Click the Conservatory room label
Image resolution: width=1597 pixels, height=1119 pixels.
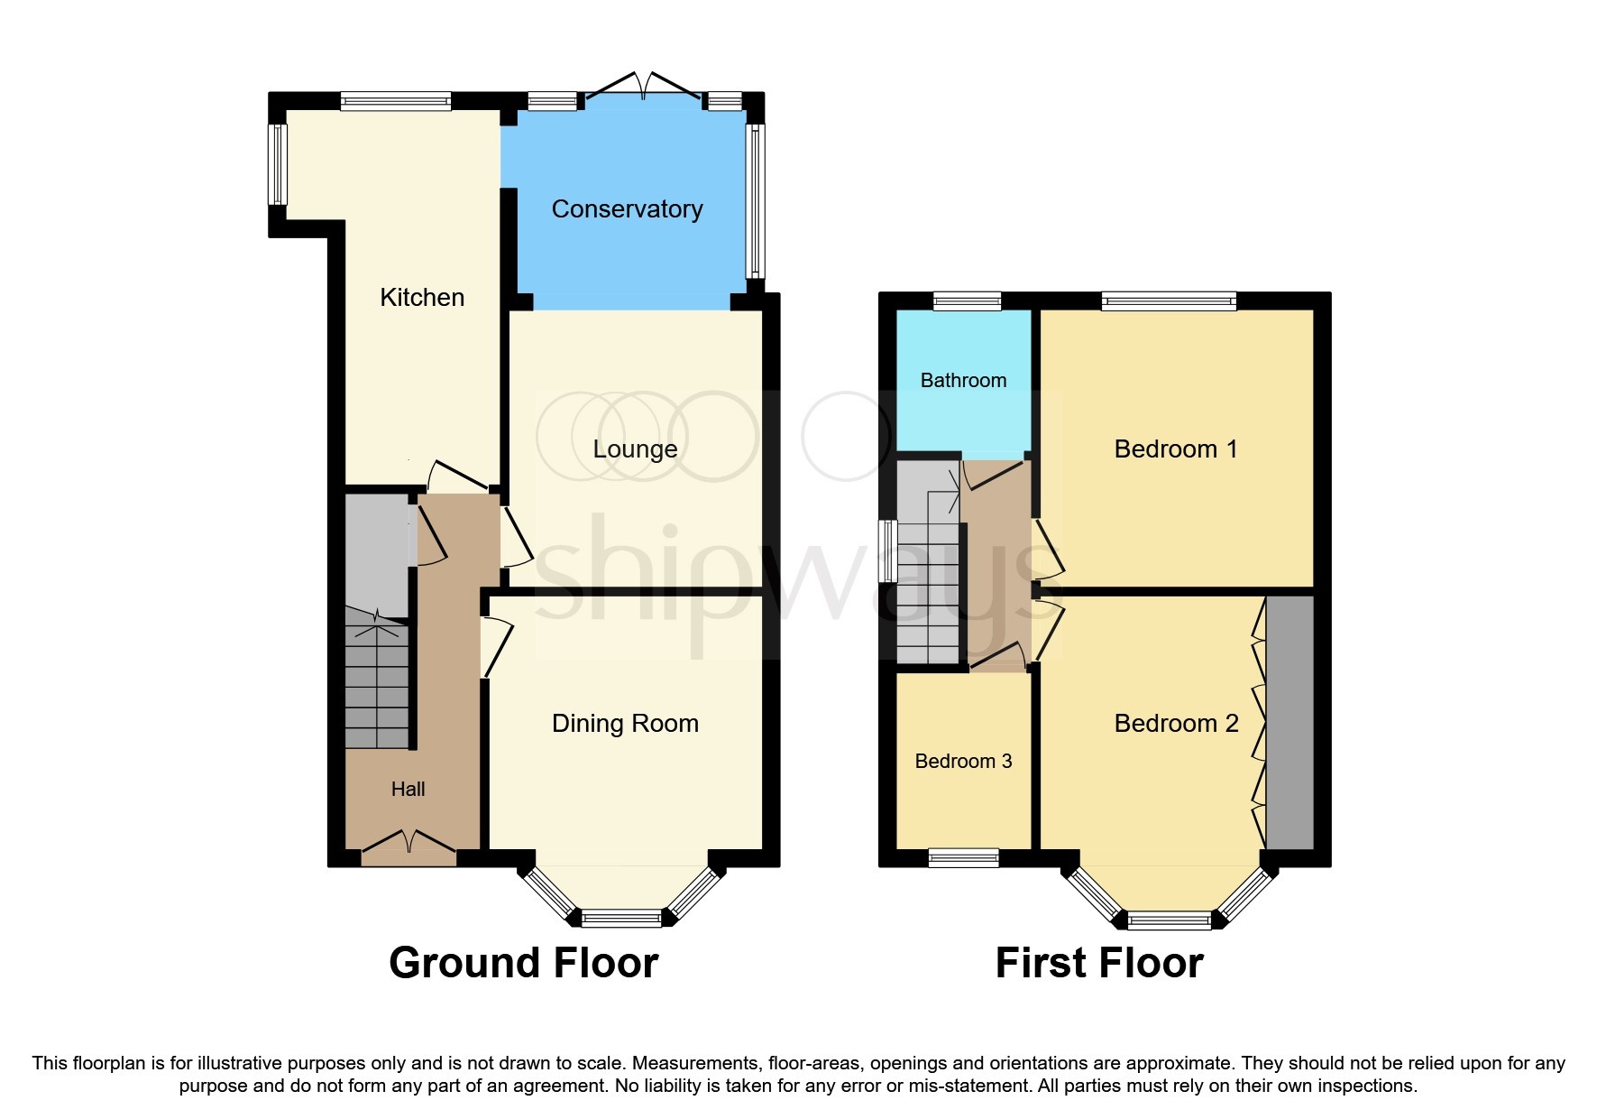627,209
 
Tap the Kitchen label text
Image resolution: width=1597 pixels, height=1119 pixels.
422,298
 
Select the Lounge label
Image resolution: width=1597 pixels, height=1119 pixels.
635,449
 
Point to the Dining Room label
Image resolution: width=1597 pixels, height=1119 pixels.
625,724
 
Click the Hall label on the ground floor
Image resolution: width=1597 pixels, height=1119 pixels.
408,790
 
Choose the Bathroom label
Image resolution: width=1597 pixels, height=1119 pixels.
963,381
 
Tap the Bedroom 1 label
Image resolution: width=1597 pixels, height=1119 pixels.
1175,449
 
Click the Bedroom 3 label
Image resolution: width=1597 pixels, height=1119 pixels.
963,762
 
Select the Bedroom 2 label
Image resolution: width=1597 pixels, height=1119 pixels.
1176,724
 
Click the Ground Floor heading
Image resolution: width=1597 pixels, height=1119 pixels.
523,963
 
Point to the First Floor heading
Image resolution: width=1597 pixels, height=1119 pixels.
1098,963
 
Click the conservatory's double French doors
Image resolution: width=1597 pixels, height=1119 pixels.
643,87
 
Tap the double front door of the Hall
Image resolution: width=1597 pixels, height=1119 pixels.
408,843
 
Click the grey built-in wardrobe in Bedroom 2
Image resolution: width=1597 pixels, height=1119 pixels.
1290,722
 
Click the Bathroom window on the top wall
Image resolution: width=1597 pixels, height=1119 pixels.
967,301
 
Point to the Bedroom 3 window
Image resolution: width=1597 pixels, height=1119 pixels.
963,857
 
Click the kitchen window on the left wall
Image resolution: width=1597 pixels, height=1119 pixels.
278,164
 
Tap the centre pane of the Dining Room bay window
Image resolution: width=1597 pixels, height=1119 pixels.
621,919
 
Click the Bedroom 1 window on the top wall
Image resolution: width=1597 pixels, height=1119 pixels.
1169,301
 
